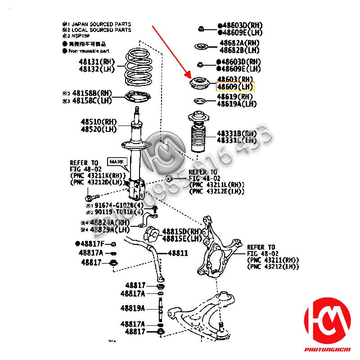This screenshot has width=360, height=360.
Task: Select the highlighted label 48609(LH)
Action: tap(235, 87)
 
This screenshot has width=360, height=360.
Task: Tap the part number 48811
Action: tap(178, 253)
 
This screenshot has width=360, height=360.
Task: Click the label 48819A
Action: tap(133, 308)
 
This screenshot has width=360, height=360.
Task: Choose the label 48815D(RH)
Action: tap(181, 231)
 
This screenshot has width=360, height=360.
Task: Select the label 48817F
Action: tap(92, 243)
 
